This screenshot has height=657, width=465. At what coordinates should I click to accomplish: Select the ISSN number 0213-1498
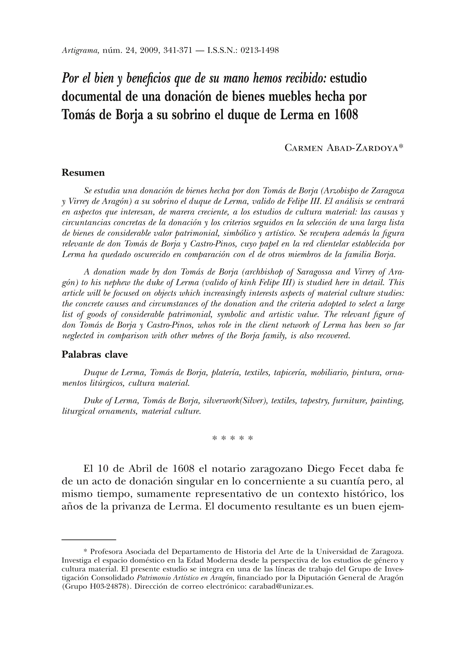click(x=259, y=51)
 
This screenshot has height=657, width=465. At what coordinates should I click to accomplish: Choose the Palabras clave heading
click(x=95, y=355)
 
